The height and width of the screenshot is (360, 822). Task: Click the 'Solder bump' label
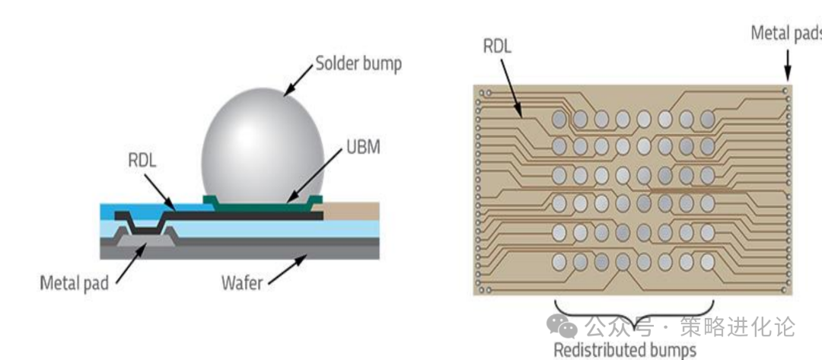tap(358, 64)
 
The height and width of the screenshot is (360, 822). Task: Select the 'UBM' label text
tap(363, 148)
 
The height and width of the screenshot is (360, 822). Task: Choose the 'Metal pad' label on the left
tap(74, 284)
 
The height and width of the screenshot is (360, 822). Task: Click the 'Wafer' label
tap(242, 284)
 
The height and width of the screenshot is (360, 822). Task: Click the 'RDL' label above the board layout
tap(497, 46)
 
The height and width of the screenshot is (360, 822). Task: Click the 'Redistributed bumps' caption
tap(624, 350)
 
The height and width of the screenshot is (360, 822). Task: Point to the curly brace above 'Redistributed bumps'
tap(634, 312)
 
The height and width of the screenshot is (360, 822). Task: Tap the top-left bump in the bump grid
tap(559, 119)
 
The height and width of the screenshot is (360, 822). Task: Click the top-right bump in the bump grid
tap(707, 119)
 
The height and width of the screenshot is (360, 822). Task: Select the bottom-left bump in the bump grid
tap(559, 262)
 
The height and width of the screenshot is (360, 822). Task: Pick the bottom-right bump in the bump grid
tap(707, 262)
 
